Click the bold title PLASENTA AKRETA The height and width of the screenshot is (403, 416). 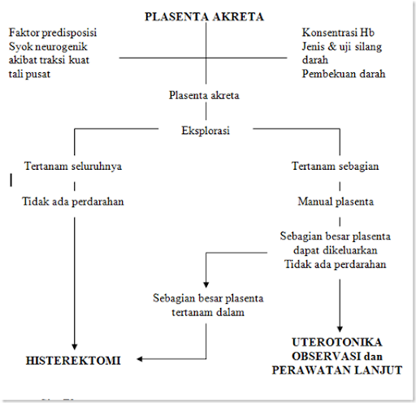click(204, 17)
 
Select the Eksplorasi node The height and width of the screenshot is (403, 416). click(206, 131)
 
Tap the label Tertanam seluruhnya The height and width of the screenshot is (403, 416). click(73, 166)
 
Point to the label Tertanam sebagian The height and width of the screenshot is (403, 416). click(335, 166)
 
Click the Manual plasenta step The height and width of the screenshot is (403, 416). click(336, 201)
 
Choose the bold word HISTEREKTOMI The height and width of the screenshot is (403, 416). click(73, 361)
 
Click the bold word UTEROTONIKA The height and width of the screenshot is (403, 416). click(337, 342)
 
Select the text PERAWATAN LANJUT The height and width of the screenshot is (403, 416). click(337, 370)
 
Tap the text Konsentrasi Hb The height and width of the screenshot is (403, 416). click(338, 32)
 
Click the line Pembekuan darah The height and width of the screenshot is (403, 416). click(344, 74)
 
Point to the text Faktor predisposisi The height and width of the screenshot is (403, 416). click(53, 33)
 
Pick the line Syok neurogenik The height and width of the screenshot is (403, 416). click(48, 47)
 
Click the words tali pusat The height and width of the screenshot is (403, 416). click(29, 74)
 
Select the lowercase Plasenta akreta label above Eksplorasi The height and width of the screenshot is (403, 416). click(204, 95)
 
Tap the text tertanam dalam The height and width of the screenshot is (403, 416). click(208, 312)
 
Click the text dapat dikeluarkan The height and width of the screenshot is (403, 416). click(336, 250)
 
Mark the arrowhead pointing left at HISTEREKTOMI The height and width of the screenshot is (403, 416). click(140, 359)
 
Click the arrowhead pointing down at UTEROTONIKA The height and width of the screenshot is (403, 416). click(340, 329)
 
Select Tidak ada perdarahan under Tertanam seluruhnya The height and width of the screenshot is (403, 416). click(73, 201)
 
